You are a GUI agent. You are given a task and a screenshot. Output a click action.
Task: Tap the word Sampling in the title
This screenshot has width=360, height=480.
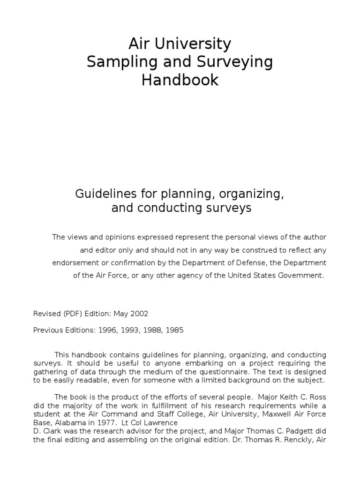coord(116,62)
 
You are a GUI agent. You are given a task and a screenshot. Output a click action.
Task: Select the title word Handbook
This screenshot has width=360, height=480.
coord(180,80)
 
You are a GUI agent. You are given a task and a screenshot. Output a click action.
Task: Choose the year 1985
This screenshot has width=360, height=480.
coord(174,330)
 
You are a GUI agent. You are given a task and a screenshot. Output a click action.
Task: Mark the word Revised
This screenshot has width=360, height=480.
coord(46,314)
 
